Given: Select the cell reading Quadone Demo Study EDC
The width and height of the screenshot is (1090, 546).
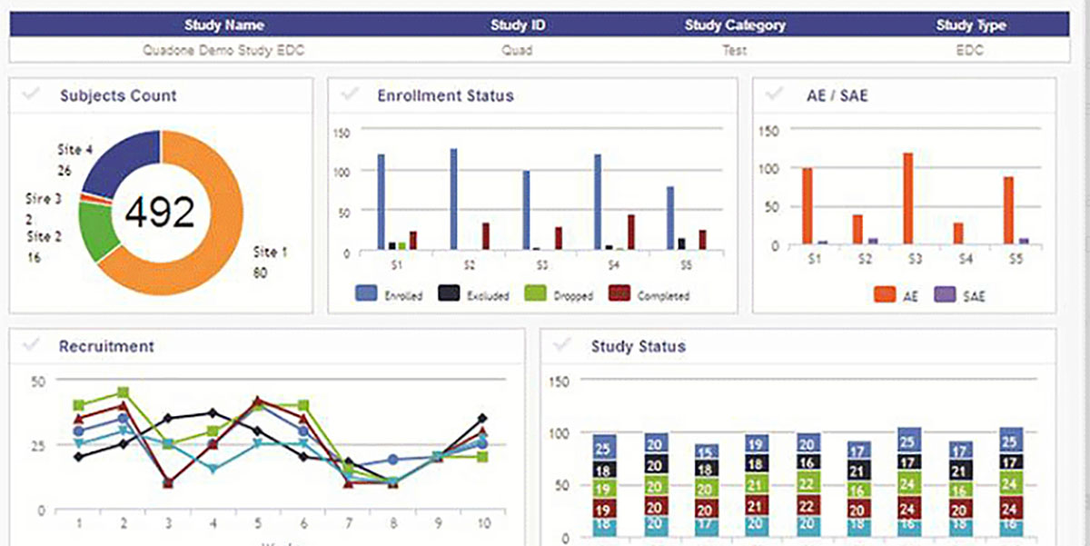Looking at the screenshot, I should (223, 51).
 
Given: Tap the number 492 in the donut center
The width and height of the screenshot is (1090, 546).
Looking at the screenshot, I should (160, 212).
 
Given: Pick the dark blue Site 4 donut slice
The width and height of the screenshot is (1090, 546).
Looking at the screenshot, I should (123, 161).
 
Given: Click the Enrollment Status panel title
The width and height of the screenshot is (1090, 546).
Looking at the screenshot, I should (445, 95).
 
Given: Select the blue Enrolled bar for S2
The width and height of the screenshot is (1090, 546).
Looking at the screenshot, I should (453, 199).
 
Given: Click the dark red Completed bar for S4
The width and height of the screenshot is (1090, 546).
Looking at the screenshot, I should (631, 232).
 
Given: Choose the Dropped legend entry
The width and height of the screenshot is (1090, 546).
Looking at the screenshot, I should (562, 294).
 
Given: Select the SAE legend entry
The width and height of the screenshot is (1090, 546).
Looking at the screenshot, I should (961, 294).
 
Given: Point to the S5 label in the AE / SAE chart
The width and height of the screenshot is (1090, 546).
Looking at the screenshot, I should (1016, 260).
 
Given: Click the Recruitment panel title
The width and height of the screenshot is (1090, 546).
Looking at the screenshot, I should (106, 346).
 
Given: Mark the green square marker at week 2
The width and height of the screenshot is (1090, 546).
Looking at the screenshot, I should (123, 393).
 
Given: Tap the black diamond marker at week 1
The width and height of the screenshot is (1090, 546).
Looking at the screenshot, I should (78, 457).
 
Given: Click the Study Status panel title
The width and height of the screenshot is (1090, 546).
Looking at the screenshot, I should (638, 346).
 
